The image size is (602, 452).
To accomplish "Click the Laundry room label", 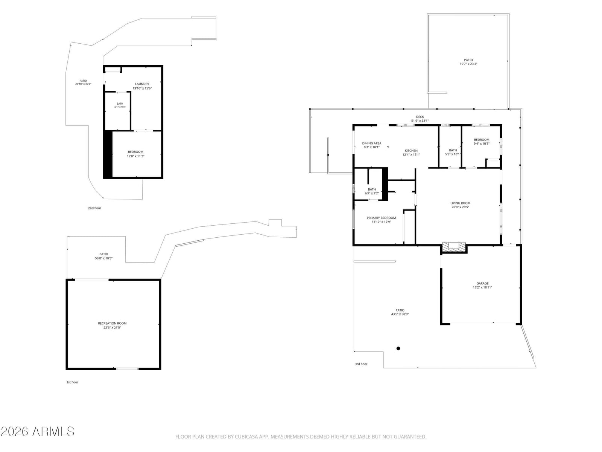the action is pyautogui.click(x=142, y=84).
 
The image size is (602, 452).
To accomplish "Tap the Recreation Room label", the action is pyautogui.click(x=112, y=323).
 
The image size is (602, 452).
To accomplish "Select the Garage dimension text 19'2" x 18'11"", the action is pyautogui.click(x=482, y=287).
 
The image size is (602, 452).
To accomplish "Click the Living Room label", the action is pyautogui.click(x=460, y=203).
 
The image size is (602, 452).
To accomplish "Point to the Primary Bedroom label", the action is pyautogui.click(x=381, y=218).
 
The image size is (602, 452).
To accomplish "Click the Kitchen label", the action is pyautogui.click(x=411, y=151).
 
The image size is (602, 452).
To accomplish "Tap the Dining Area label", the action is pyautogui.click(x=372, y=143).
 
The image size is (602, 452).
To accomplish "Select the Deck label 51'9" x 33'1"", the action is pyautogui.click(x=420, y=119).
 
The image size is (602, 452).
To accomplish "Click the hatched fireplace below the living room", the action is pyautogui.click(x=454, y=247).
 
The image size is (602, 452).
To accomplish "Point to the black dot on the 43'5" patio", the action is pyautogui.click(x=398, y=348).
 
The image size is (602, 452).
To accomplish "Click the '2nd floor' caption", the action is pyautogui.click(x=94, y=208).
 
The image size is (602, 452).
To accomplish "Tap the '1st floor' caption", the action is pyautogui.click(x=72, y=382).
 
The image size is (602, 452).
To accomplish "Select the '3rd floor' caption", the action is pyautogui.click(x=361, y=364).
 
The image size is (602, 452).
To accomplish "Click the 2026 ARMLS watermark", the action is pyautogui.click(x=37, y=432).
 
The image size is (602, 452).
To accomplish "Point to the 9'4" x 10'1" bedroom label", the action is pyautogui.click(x=482, y=142).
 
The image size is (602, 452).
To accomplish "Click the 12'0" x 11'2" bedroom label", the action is pyautogui.click(x=135, y=154).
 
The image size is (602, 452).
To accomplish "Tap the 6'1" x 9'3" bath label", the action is pyautogui.click(x=120, y=105).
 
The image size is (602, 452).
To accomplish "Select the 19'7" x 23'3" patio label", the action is pyautogui.click(x=468, y=62).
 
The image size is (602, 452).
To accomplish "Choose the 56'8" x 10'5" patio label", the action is pyautogui.click(x=104, y=256).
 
